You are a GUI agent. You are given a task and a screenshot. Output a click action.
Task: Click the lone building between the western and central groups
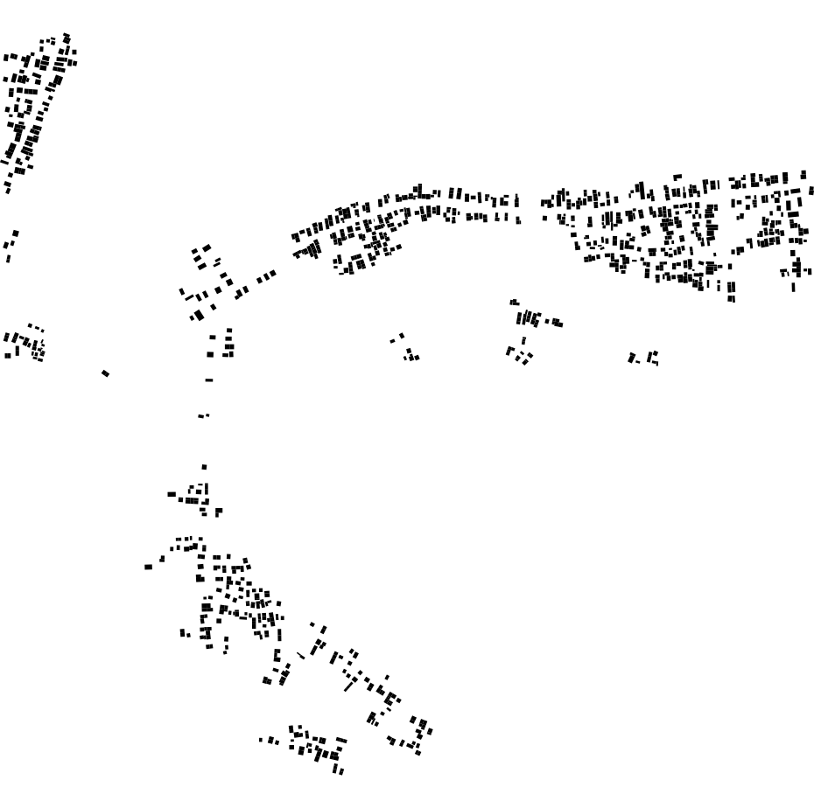(x=105, y=373)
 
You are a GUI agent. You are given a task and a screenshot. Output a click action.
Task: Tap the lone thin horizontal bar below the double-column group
(x=208, y=380)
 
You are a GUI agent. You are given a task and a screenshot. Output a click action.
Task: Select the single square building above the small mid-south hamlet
(x=204, y=467)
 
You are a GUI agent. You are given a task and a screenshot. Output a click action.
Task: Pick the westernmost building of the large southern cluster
(x=148, y=567)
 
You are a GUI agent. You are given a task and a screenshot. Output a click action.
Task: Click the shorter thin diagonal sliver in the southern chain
(x=301, y=655)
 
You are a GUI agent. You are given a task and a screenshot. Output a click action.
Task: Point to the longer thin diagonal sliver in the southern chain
(x=349, y=686)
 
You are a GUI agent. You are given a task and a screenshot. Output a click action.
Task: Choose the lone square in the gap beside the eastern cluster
(x=544, y=217)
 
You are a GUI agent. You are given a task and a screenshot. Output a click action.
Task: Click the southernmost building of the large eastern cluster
(x=732, y=299)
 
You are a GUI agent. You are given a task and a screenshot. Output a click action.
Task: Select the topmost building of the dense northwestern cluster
(x=67, y=36)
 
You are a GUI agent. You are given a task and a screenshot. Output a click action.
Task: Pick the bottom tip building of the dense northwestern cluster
(x=7, y=190)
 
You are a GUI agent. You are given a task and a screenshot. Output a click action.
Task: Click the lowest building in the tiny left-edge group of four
(x=8, y=259)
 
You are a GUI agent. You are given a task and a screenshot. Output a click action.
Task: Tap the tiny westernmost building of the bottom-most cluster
(x=260, y=740)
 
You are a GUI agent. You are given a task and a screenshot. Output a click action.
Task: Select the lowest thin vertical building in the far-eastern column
(x=794, y=287)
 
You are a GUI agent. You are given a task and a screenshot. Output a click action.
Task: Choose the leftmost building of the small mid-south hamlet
(x=172, y=494)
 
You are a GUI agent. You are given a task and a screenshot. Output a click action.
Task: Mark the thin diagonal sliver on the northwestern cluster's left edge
(x=4, y=161)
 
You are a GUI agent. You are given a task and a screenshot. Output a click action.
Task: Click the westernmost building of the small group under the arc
(x=392, y=340)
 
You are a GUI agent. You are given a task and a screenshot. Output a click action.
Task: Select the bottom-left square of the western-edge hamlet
(x=7, y=355)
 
